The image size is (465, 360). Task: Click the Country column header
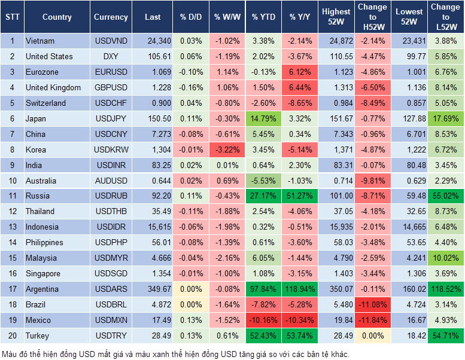coord(57,17)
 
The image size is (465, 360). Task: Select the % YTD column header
coord(264,17)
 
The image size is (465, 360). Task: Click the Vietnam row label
coord(40,41)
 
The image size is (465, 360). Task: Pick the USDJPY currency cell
coord(111,118)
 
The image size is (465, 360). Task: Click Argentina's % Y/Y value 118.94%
coord(301,289)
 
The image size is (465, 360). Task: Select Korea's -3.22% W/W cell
coord(227,150)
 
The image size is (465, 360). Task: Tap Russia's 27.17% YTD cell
coord(264,196)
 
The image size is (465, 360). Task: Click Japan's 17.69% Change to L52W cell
coord(445,118)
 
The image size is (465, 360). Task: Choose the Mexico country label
coord(38,320)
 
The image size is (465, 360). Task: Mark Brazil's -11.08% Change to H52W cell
coord(372,304)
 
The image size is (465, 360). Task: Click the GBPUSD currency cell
coord(111,87)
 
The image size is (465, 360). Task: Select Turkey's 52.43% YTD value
coord(264,335)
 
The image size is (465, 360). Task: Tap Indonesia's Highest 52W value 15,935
coord(336,227)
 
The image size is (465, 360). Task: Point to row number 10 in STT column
coord(12,181)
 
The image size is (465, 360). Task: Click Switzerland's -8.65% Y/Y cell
coord(301,103)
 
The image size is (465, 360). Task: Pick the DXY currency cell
coord(111,56)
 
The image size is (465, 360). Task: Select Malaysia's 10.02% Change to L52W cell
coord(445,258)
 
